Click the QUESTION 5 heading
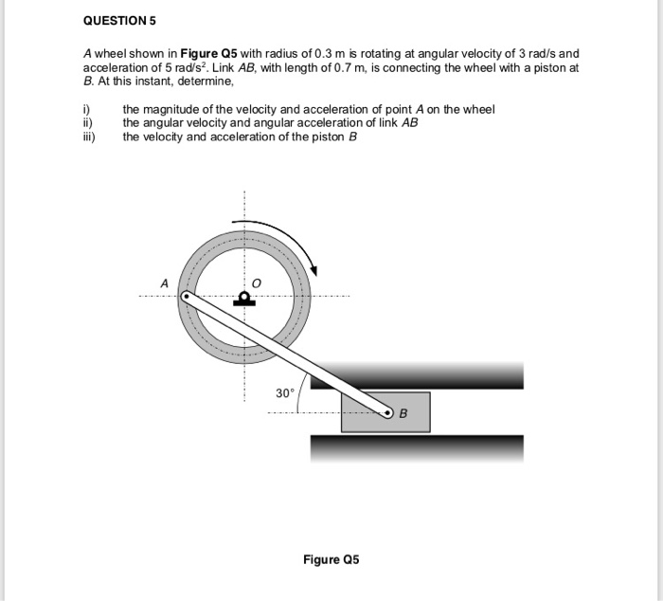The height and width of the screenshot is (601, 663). pos(119,21)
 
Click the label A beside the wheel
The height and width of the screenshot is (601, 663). pos(165,283)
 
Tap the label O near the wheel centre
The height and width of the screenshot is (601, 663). pos(257,283)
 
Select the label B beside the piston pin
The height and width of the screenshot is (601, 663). pos(403,413)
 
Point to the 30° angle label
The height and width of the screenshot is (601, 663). pos(284,393)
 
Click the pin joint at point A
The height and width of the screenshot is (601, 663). pos(186,297)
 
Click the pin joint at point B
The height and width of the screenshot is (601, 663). pos(387,412)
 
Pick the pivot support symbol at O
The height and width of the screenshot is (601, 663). pos(244,299)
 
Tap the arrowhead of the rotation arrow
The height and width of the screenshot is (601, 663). pos(314,270)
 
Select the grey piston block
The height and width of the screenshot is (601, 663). pos(385,412)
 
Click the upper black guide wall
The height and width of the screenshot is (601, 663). pos(417,375)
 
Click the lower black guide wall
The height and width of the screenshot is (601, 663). pos(417,448)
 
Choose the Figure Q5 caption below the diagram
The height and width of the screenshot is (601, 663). pos(331,559)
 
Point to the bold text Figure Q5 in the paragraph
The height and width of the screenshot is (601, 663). pos(209,54)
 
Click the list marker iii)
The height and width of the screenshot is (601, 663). pos(89,137)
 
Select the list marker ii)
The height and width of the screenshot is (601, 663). pos(88,122)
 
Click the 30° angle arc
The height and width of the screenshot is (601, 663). pos(299,392)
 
